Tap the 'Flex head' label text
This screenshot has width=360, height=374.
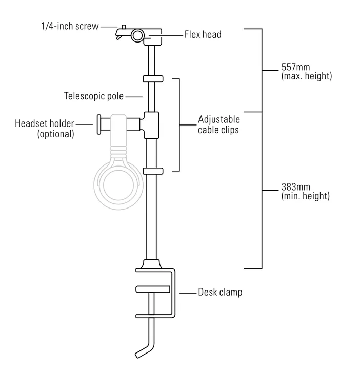coord(203,35)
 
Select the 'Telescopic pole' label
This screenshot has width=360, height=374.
coord(94,96)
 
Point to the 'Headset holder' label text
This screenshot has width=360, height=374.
coord(45,123)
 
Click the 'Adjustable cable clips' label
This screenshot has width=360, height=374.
coord(218,125)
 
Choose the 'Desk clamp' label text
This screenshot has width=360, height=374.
coord(221,293)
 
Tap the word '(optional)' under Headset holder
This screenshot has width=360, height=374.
coord(55,134)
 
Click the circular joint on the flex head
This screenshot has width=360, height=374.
coord(138,35)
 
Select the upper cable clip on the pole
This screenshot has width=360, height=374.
coord(153,79)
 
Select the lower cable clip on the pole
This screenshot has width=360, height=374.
coord(153,171)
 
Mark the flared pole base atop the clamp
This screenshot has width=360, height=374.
coord(152,265)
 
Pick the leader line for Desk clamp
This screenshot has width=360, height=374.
coord(188,293)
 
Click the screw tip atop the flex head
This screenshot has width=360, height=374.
coord(124,26)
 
